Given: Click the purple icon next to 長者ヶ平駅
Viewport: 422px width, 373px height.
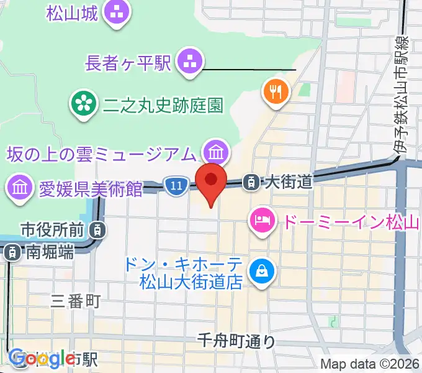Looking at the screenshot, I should point(188,62).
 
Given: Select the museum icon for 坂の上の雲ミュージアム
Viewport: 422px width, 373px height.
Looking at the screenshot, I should point(217,151).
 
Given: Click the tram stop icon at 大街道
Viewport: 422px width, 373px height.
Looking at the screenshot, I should point(251,182).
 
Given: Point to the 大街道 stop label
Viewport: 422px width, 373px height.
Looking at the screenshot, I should point(287,182).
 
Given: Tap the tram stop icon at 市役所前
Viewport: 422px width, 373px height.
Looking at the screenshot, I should point(97,230).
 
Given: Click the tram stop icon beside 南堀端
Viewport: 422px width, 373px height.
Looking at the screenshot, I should point(12,252).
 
